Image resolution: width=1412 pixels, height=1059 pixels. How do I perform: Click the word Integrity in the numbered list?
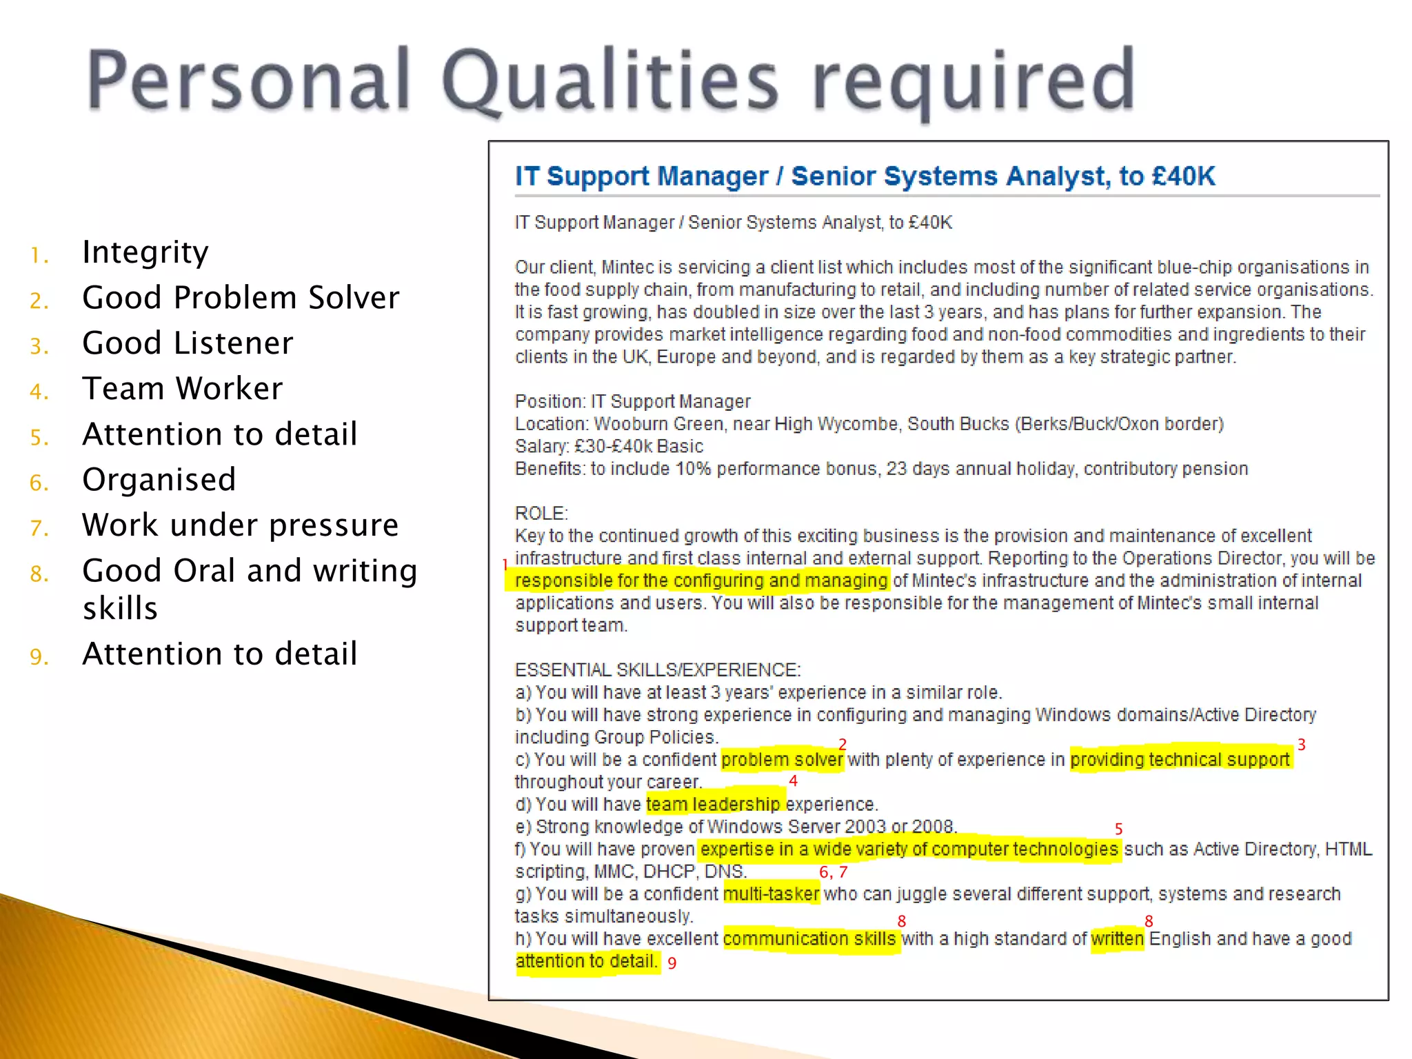tap(145, 252)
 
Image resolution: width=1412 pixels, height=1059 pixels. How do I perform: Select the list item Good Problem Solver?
tap(241, 298)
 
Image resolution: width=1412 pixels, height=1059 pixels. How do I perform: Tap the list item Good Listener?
tap(188, 343)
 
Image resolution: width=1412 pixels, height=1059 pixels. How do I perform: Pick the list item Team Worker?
tap(182, 389)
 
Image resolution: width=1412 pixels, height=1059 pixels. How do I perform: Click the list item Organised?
tap(159, 480)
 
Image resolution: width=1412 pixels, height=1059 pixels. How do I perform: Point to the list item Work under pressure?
tap(240, 525)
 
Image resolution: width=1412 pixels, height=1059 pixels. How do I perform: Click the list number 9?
tap(39, 657)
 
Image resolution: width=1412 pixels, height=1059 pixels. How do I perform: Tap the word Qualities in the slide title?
tap(609, 81)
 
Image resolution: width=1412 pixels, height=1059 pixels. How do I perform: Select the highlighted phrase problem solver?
tap(782, 760)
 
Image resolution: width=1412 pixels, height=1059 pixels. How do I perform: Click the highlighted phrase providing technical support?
tap(1180, 760)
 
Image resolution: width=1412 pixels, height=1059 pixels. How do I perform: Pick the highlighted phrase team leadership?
tap(713, 805)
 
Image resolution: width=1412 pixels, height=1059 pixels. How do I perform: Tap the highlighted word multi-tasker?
tap(771, 894)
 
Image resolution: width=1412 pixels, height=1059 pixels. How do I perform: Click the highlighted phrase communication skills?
tap(809, 939)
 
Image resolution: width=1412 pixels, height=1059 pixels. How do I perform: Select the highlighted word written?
tap(1117, 939)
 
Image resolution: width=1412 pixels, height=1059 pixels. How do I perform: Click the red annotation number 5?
tap(1119, 829)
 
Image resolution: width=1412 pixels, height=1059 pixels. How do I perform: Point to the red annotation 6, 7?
tap(833, 873)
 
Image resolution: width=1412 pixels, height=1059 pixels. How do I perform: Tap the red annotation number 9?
tap(672, 963)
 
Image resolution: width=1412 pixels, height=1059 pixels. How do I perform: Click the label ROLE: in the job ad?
tap(541, 514)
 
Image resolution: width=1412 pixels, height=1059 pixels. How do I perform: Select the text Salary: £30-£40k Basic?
tap(609, 447)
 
